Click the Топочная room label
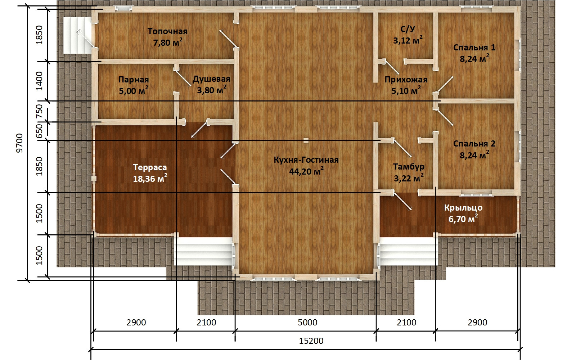167,31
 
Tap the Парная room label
134,80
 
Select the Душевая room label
211,79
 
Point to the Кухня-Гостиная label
306,160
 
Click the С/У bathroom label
408,29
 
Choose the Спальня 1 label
474,48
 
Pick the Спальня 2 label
474,144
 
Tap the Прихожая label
406,80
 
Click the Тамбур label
409,167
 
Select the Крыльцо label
463,208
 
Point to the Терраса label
150,167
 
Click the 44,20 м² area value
306,171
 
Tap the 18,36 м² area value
150,178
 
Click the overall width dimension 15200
311,341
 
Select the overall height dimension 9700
19,143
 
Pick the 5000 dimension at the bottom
307,323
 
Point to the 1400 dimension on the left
39,81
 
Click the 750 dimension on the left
39,111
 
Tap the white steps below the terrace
204,251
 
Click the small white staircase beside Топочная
77,36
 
